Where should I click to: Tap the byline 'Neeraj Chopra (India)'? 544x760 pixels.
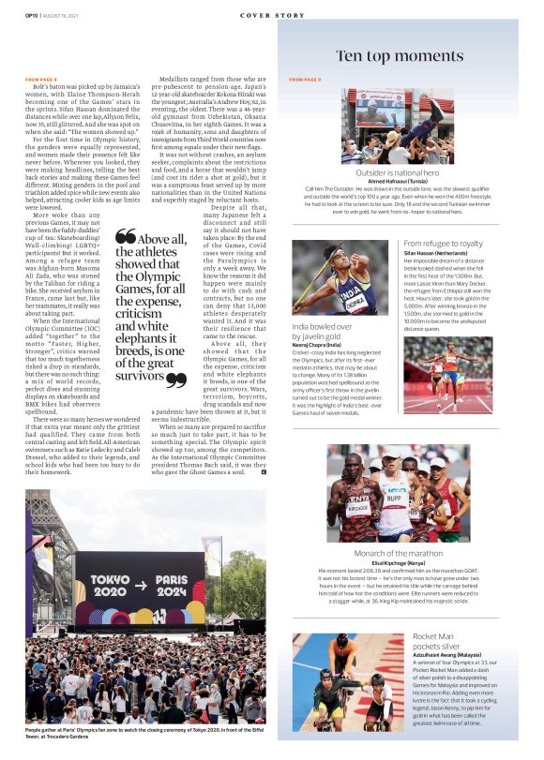321,345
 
